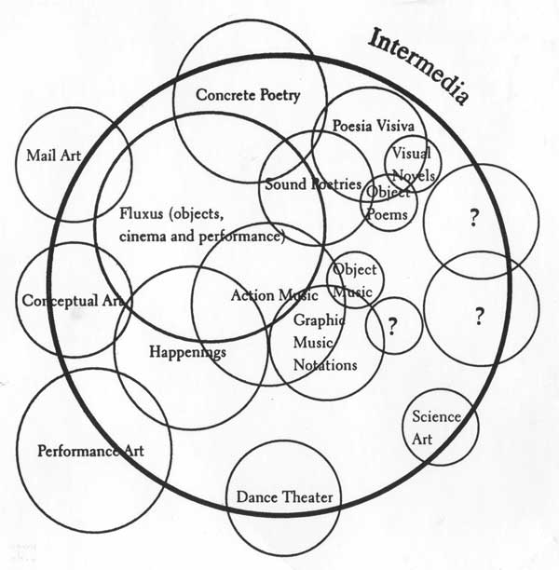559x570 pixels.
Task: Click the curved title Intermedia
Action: [x=422, y=63]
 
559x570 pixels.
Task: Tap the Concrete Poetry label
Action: [x=248, y=95]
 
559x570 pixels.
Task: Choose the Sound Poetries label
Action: [x=313, y=184]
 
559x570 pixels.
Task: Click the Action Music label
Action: [x=274, y=295]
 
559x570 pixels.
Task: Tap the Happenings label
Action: [x=187, y=352]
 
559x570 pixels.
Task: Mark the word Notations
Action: [x=325, y=364]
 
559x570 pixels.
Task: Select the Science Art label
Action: [x=436, y=427]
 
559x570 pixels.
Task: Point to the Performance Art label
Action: [x=91, y=452]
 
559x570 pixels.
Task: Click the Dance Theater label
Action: [x=284, y=498]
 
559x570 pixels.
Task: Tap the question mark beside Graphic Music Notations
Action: [x=392, y=326]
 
